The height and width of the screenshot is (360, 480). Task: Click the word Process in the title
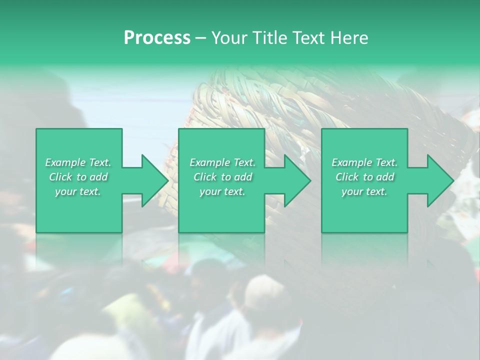click(x=157, y=38)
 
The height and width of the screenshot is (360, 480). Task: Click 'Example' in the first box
click(x=65, y=162)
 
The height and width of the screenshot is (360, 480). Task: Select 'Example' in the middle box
click(x=210, y=162)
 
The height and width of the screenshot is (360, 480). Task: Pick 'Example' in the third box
click(x=352, y=162)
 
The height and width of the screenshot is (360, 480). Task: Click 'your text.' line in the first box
click(x=78, y=191)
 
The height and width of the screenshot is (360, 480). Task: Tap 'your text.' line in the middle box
click(x=222, y=191)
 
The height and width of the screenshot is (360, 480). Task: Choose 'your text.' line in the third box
click(x=364, y=191)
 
